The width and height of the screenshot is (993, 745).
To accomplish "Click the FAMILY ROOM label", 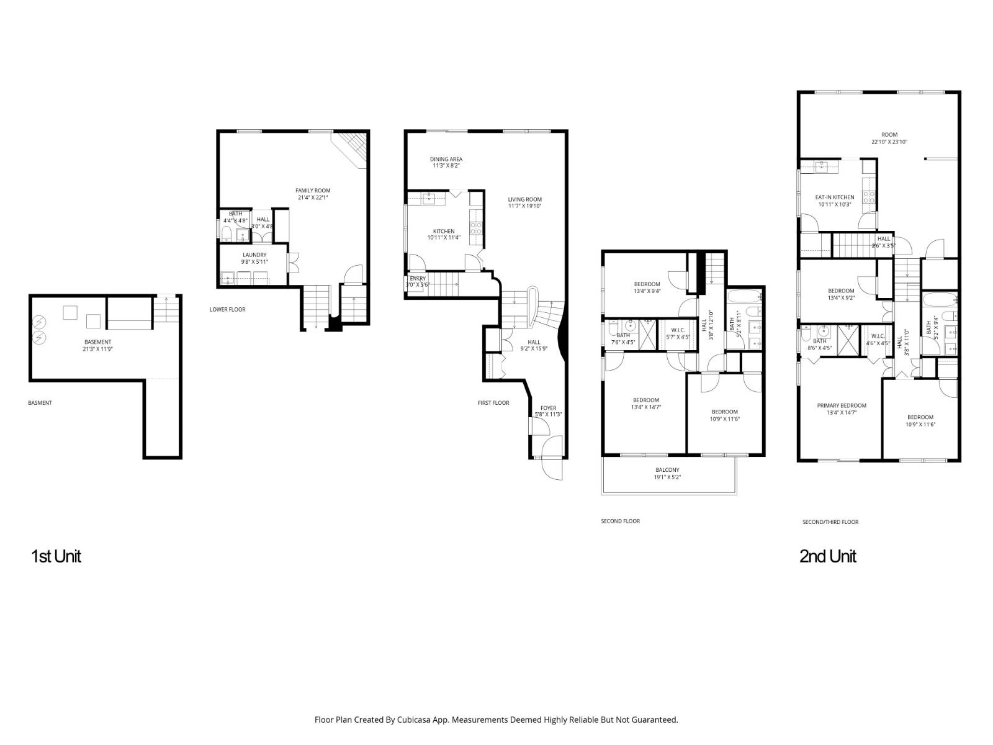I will click(313, 191).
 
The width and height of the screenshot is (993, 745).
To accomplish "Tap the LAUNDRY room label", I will click(254, 255).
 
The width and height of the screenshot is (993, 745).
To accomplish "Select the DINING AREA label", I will click(446, 159).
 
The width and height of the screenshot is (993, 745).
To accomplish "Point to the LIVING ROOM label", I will click(524, 199).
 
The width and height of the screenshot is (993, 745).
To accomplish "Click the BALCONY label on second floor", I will click(667, 470).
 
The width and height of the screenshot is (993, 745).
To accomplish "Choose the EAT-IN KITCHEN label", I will click(834, 197).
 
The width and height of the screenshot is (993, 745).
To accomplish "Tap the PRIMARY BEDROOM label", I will click(841, 405).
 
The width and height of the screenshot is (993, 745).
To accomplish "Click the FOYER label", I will click(548, 408).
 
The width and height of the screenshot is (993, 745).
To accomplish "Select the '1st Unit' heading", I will click(56, 556).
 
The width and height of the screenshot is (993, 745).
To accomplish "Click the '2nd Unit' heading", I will click(827, 556).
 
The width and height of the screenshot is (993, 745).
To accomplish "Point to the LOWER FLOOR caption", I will click(227, 309).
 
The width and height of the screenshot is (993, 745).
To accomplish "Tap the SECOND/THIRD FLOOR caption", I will click(830, 522).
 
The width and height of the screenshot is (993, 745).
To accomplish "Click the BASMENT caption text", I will click(40, 403).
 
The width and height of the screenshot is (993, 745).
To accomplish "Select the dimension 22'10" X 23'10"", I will click(889, 142).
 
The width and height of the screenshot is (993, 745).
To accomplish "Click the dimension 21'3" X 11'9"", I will click(97, 349).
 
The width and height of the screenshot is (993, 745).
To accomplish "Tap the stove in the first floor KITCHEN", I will click(476, 228).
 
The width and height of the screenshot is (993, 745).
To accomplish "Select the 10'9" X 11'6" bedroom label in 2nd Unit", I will click(920, 425).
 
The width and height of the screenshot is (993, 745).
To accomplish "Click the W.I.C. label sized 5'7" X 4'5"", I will click(677, 337).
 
